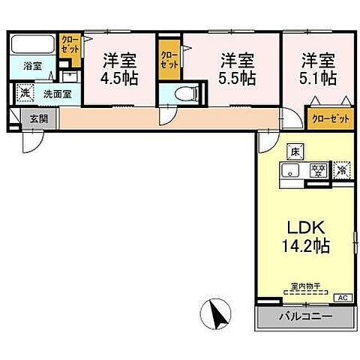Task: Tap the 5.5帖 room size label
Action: point(237,76)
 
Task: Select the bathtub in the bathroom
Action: point(33,43)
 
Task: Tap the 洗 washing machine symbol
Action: point(25,94)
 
